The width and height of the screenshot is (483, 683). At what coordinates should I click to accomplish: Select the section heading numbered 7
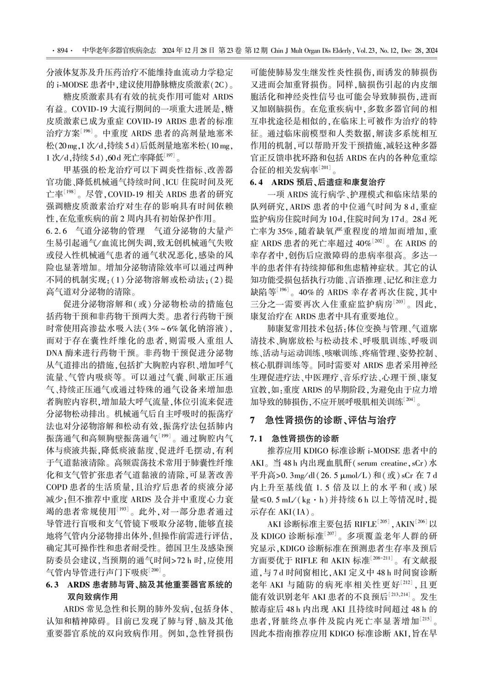252,420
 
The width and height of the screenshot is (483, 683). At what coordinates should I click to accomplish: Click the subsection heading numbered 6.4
257,182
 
